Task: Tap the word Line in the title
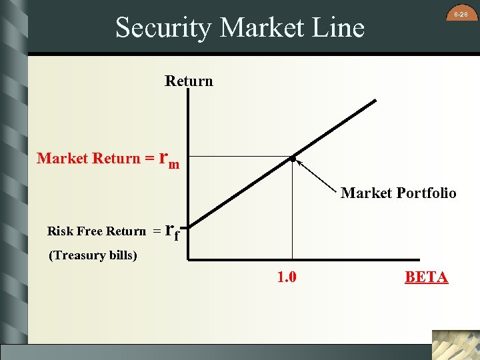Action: click(x=340, y=28)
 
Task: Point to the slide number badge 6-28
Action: click(x=461, y=14)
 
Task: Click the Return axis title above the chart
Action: click(x=189, y=81)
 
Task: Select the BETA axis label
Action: click(x=427, y=277)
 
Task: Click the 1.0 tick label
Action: click(x=287, y=277)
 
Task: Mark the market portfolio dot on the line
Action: click(x=292, y=159)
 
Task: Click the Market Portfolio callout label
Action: click(x=399, y=193)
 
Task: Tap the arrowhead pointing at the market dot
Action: click(x=299, y=162)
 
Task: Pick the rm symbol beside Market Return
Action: click(x=170, y=159)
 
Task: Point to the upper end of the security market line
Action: click(x=375, y=101)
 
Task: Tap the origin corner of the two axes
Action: click(x=189, y=258)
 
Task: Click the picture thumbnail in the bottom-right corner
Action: click(x=455, y=345)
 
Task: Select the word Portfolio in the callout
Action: click(x=426, y=193)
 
